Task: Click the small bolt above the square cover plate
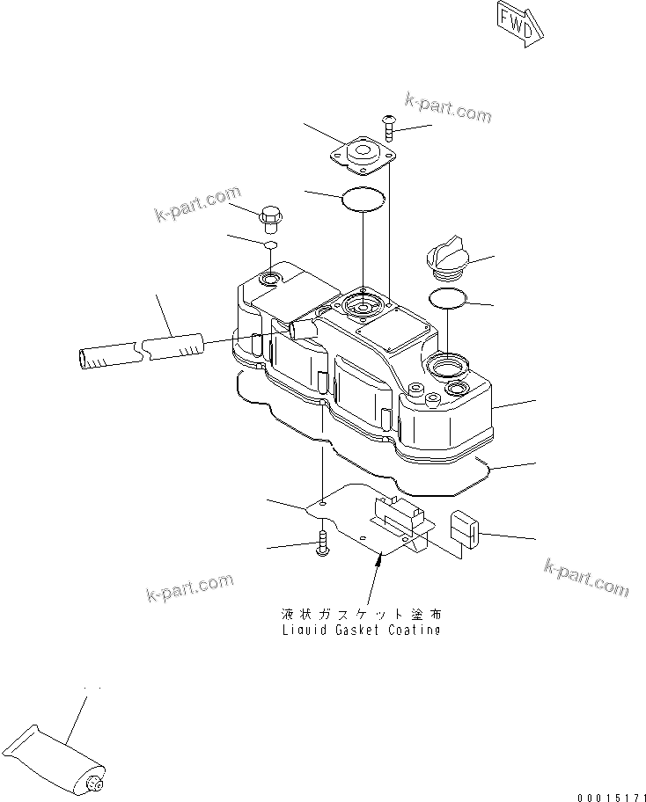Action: pyautogui.click(x=390, y=127)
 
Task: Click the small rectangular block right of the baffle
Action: pyautogui.click(x=464, y=529)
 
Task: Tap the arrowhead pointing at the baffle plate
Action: pyautogui.click(x=378, y=559)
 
